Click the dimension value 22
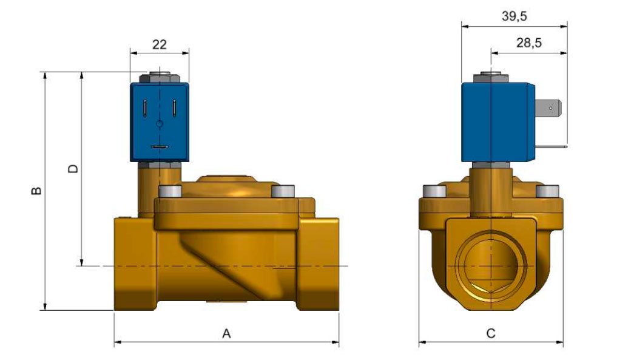(159, 44)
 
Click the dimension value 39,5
(514, 16)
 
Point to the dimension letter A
(226, 333)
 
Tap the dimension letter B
(36, 191)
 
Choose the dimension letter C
(491, 333)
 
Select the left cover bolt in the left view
(169, 191)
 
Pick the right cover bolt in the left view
(283, 191)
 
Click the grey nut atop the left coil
(158, 78)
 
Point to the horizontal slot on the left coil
(160, 146)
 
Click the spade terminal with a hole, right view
(551, 110)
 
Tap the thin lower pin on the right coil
(552, 146)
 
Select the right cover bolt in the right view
(546, 192)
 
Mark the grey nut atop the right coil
(489, 77)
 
